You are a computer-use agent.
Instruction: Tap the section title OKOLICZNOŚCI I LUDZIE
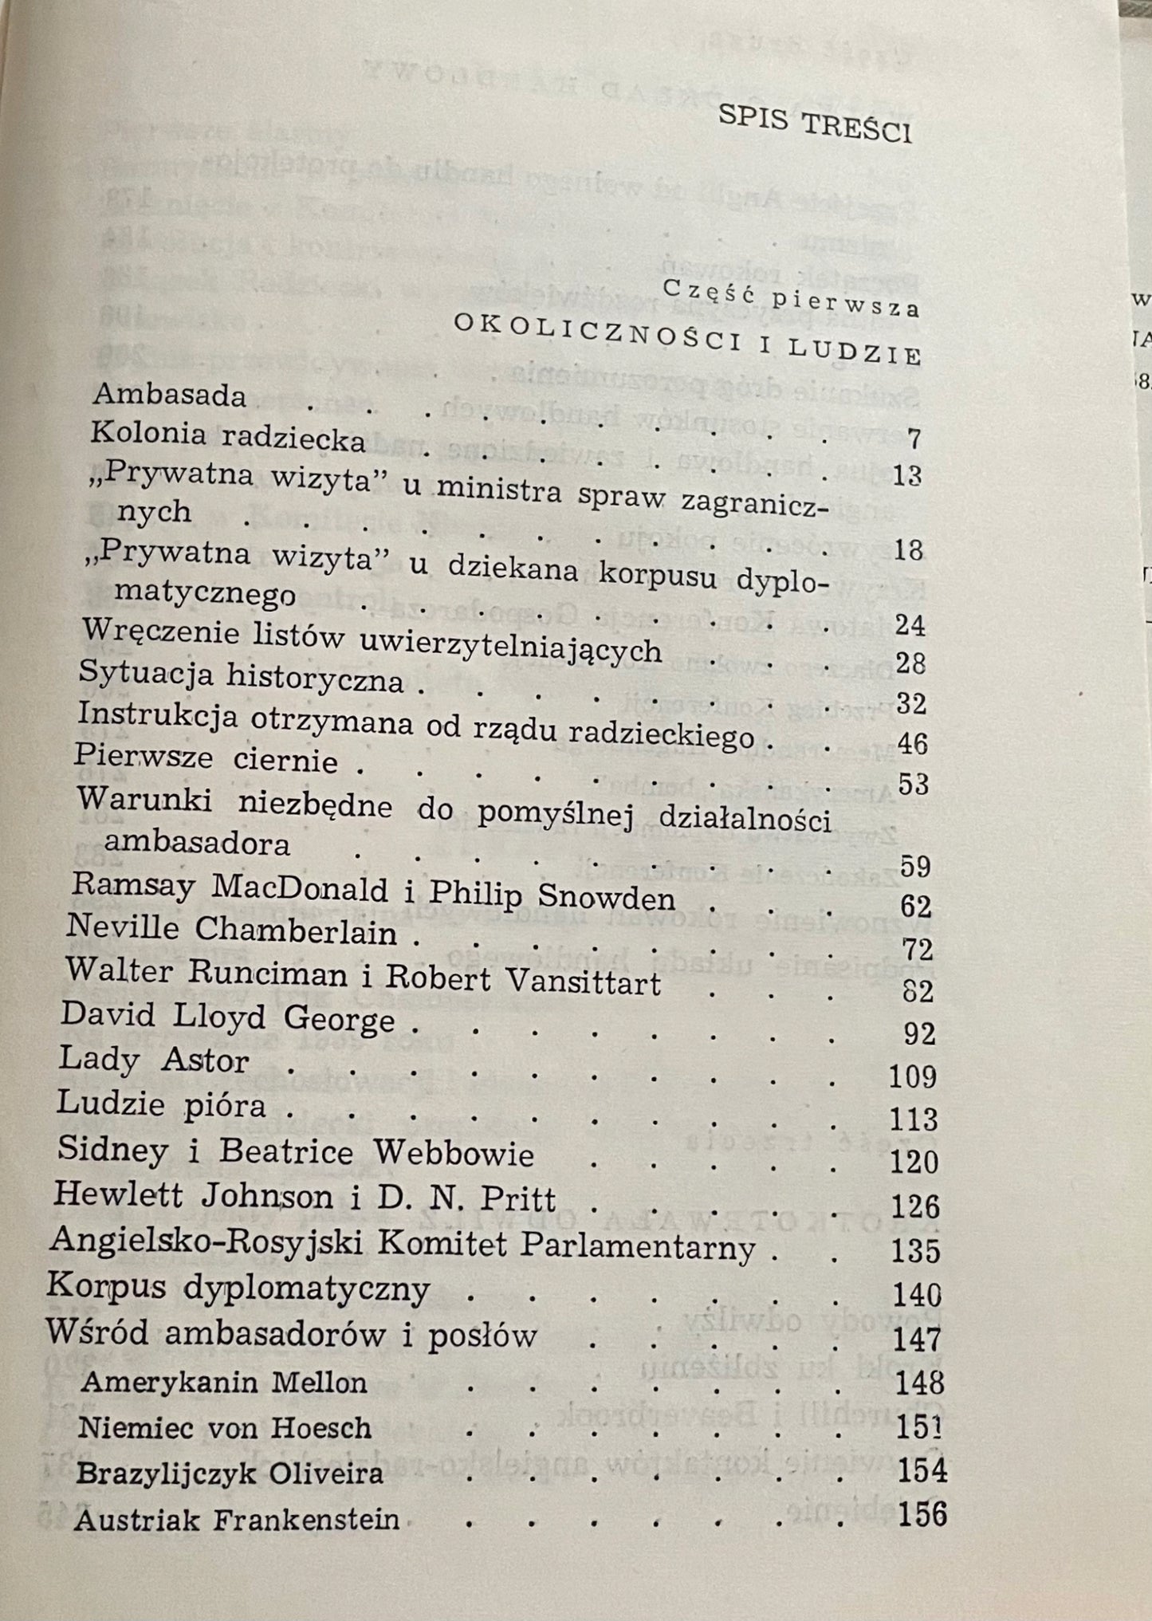coord(686,339)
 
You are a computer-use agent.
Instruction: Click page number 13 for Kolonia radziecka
coord(906,476)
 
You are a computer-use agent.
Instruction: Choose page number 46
coord(911,744)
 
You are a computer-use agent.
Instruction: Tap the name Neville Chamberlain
coord(231,930)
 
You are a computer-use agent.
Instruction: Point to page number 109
coord(911,1077)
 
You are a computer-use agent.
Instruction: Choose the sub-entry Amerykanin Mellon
coord(224,1381)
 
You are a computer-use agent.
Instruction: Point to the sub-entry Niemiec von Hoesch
coord(226,1427)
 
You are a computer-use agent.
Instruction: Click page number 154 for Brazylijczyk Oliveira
coord(922,1470)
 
